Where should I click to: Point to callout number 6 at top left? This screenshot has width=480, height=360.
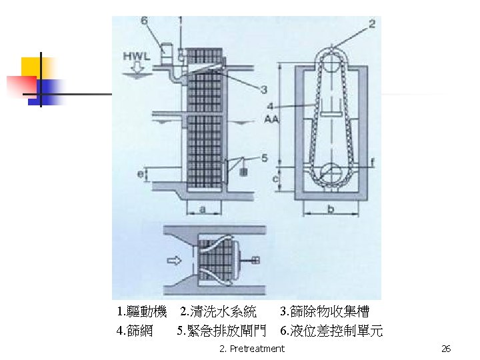click(145, 21)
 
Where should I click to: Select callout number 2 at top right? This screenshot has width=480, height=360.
click(371, 24)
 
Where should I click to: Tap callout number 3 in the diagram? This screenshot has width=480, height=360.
click(264, 89)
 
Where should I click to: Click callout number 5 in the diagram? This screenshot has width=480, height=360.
click(265, 158)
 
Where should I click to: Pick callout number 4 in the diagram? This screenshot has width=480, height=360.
click(269, 106)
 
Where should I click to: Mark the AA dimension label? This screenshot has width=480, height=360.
click(271, 119)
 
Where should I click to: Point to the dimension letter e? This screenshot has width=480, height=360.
click(140, 175)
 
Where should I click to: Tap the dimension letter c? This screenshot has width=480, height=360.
click(276, 178)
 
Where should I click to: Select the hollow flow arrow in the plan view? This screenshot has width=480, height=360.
click(174, 261)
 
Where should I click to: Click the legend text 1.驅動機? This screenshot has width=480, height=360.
click(141, 311)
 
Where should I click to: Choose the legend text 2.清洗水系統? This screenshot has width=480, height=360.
click(218, 311)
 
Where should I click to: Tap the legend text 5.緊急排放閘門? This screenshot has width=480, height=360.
click(223, 331)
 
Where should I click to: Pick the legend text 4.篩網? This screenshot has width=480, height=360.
click(134, 331)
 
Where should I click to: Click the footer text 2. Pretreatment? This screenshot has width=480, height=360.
click(251, 349)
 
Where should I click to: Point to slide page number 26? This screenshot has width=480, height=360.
click(446, 349)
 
